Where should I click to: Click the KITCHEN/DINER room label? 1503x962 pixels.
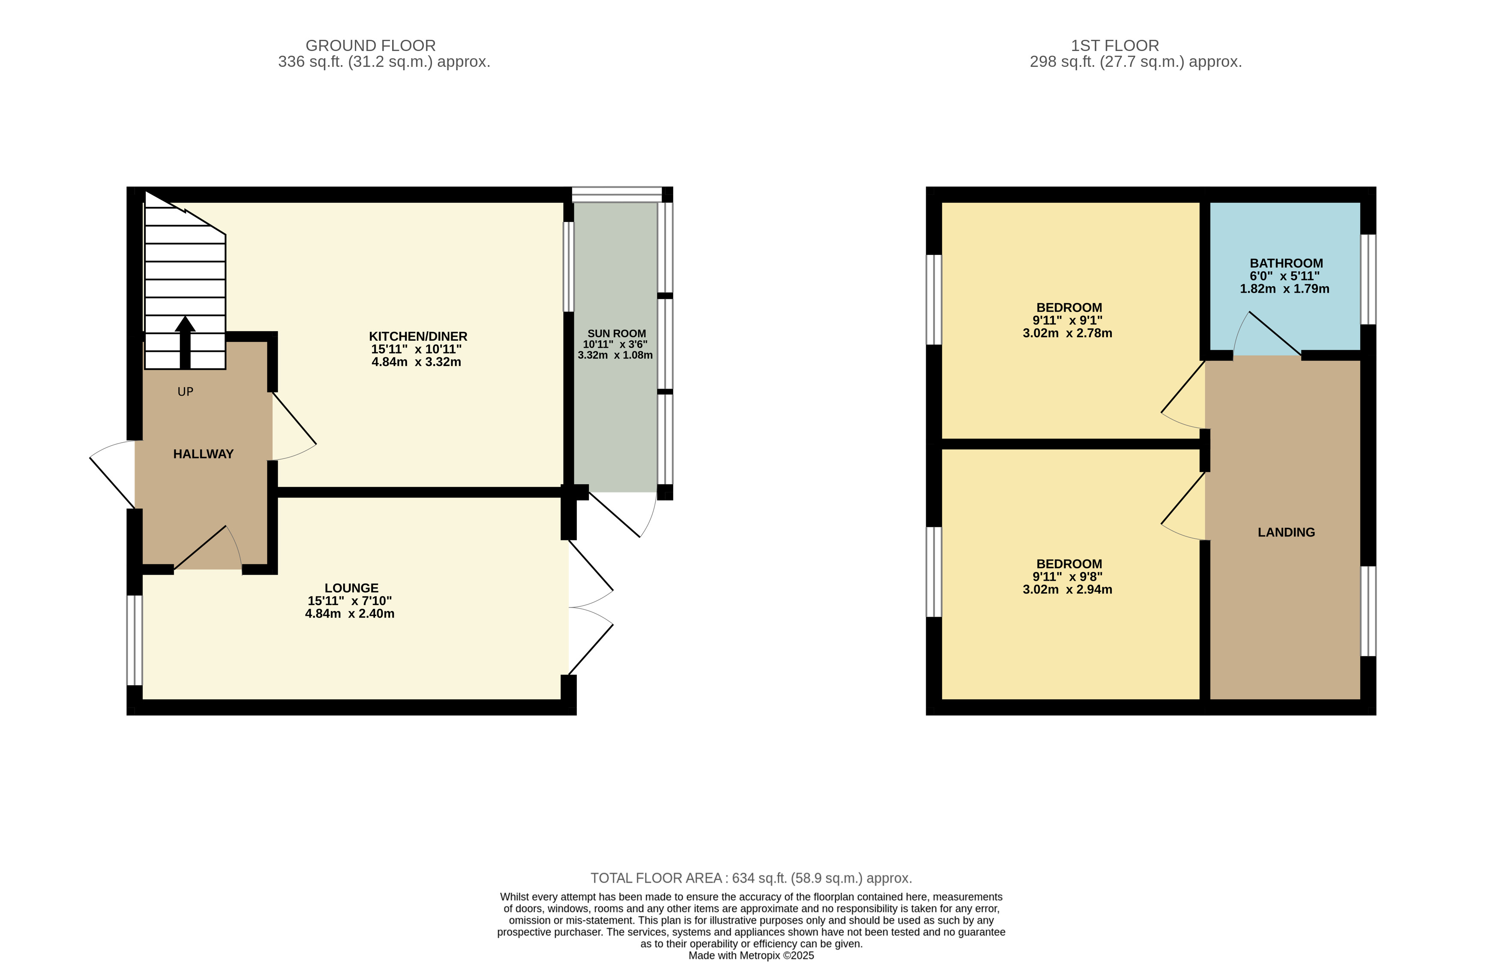tap(418, 336)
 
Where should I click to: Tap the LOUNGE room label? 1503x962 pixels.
tap(352, 588)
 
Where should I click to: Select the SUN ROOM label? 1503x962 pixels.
tap(617, 333)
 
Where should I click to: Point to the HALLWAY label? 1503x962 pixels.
tap(203, 454)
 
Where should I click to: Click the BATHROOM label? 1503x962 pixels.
tap(1286, 264)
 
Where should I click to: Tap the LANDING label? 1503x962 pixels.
tap(1286, 532)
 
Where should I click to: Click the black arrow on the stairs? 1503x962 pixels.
tap(185, 342)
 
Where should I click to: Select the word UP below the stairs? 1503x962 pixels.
tap(186, 392)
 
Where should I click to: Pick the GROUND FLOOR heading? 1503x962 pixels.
tap(370, 45)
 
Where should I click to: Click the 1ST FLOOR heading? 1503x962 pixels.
tap(1115, 45)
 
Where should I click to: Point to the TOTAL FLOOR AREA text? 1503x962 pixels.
tap(752, 878)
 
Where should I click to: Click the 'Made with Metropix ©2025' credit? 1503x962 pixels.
tap(752, 956)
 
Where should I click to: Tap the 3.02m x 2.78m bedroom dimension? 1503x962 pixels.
tap(1068, 333)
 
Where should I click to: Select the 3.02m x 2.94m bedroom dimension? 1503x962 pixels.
tap(1068, 589)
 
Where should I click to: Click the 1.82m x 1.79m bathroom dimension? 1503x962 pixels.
tap(1284, 289)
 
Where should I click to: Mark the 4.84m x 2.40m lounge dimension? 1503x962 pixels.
tap(350, 614)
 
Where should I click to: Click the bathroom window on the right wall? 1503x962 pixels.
tap(1368, 279)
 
